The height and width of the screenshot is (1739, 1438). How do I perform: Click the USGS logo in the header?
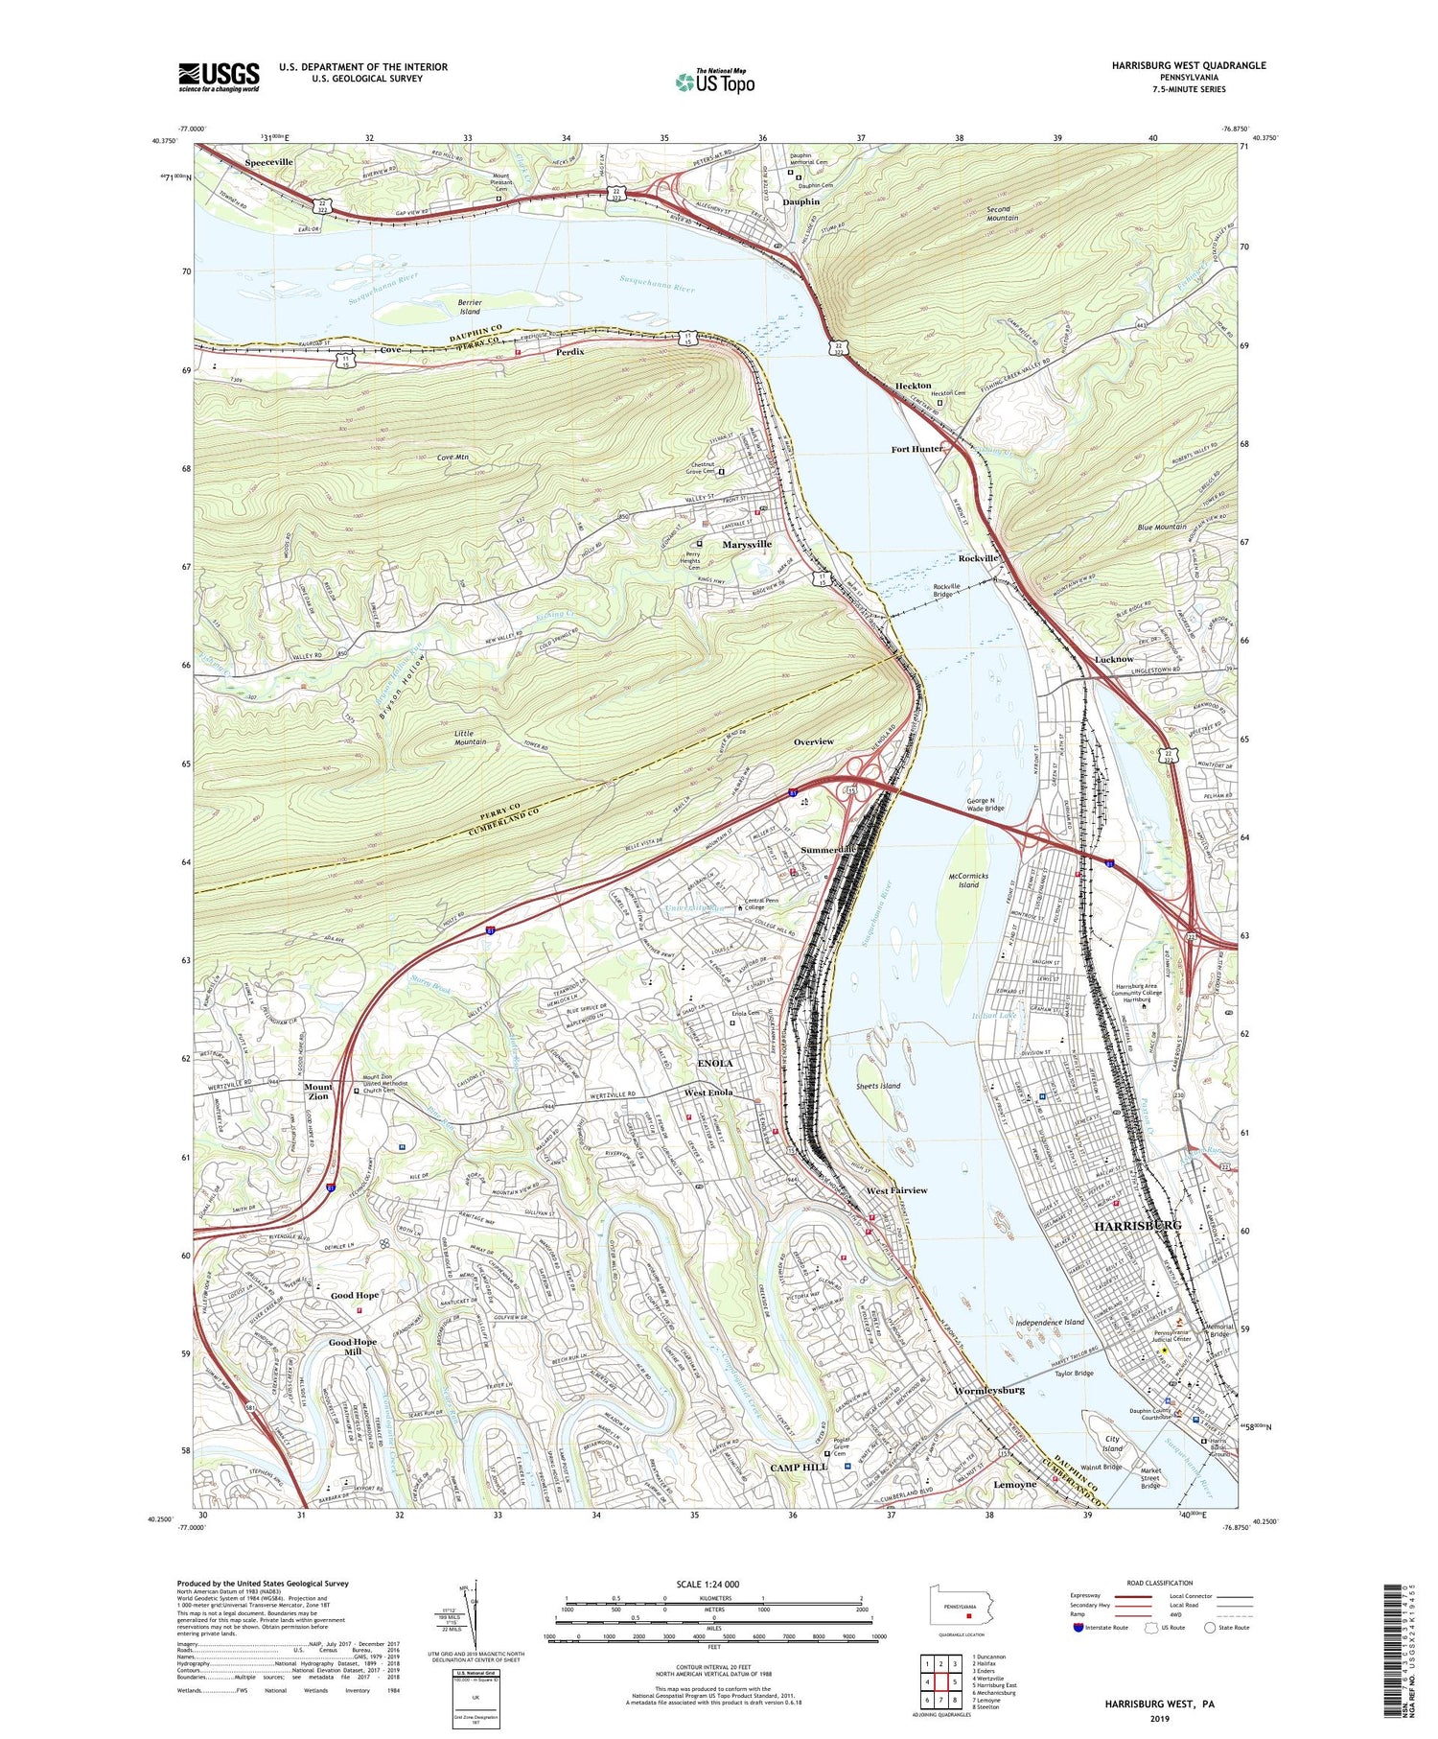(x=219, y=77)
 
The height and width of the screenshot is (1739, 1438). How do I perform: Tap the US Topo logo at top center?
(x=714, y=82)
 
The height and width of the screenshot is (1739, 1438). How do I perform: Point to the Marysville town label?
(x=747, y=544)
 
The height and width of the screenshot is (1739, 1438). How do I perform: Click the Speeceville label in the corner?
(x=268, y=163)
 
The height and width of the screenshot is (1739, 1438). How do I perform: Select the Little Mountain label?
(x=470, y=737)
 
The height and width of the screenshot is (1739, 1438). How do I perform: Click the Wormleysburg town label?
(x=989, y=1390)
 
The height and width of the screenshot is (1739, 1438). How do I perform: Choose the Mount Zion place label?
(x=318, y=1092)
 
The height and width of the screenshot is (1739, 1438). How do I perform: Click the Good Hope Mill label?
(x=353, y=1347)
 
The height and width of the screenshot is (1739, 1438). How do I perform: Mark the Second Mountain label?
(x=1003, y=213)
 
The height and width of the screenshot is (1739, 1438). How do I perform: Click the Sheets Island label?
(x=878, y=1086)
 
